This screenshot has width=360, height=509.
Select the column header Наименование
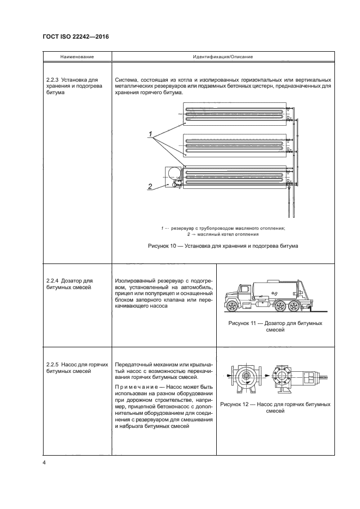click(x=77, y=57)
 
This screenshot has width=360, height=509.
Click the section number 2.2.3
click(x=54, y=79)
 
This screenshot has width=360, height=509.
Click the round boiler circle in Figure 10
click(x=175, y=174)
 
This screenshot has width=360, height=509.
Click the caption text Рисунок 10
click(x=163, y=246)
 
